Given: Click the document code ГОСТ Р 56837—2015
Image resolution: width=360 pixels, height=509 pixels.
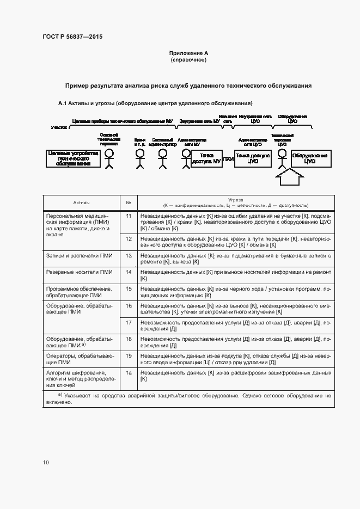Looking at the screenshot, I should tap(72, 36).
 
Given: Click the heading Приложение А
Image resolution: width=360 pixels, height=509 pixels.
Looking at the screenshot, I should tap(188, 53).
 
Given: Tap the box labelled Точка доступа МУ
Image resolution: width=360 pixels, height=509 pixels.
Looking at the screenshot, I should tap(205, 158).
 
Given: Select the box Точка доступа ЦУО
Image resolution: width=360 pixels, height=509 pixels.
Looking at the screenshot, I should tap(252, 158).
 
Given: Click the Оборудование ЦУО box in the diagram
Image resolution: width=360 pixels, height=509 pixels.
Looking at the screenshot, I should tap(310, 158).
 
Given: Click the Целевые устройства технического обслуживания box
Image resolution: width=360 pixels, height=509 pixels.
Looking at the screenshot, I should tap(72, 158).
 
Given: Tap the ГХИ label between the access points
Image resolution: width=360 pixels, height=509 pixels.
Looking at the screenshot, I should tap(228, 159).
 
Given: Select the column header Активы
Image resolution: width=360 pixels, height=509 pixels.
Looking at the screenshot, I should tap(82, 203).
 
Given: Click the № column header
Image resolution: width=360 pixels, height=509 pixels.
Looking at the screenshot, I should tap(129, 203).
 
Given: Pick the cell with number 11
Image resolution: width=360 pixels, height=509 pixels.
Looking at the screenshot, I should tap(129, 216).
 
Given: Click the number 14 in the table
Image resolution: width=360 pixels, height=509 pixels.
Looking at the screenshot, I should tap(129, 271).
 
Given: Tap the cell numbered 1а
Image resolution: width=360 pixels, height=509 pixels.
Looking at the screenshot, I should tap(129, 373).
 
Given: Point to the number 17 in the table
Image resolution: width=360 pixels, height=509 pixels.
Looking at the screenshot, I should tap(129, 322).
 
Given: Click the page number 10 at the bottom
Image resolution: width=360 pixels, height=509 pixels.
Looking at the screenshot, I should tap(46, 462).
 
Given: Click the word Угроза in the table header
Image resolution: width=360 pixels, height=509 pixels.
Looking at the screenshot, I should tap(236, 200).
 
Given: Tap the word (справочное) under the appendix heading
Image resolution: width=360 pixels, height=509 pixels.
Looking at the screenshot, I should tap(188, 59).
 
